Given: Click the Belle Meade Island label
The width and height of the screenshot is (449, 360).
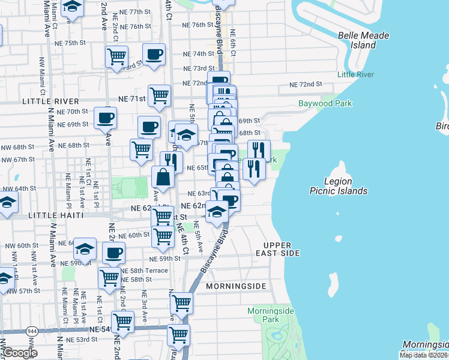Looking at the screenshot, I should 364,40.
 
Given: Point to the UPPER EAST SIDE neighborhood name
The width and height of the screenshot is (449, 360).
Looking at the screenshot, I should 277,250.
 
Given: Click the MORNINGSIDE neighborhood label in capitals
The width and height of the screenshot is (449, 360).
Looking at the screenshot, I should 236,286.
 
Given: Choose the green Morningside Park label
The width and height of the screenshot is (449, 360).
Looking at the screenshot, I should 271,315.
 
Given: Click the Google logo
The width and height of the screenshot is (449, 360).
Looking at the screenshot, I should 19,353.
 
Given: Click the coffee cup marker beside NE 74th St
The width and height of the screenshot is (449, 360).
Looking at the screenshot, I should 154,54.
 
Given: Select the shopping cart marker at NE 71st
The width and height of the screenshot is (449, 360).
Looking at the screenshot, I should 159,95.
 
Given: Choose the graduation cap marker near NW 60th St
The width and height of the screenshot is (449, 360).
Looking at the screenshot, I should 85,248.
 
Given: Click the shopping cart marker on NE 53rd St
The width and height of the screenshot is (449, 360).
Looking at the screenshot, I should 178,335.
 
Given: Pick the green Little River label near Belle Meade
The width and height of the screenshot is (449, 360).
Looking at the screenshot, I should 355,74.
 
